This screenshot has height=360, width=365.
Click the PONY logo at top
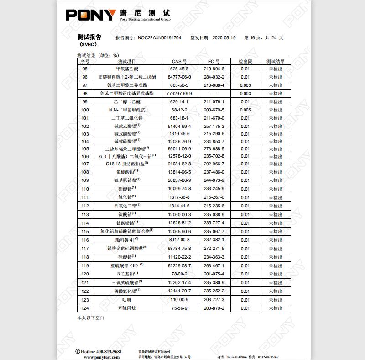(91, 15)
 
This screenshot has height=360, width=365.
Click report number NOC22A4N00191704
(159, 38)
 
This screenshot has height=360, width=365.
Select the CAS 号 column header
(179, 61)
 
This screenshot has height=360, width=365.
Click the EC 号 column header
(214, 61)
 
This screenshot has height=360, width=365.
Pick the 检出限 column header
(245, 61)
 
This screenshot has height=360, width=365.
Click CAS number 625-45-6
(179, 69)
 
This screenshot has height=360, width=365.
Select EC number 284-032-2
(214, 77)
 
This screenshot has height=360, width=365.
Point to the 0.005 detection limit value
(245, 110)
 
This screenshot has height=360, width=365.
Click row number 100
(85, 110)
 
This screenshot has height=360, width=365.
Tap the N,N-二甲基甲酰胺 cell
(127, 110)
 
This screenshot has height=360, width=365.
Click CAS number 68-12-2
(179, 110)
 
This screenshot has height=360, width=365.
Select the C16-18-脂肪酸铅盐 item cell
(127, 163)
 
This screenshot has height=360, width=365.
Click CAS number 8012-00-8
(179, 240)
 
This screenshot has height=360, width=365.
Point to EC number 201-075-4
(214, 274)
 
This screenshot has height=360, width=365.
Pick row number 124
(85, 308)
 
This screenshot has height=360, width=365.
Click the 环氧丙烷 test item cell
(127, 308)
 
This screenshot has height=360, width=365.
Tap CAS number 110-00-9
(179, 300)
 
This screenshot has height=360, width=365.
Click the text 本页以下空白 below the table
(91, 318)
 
